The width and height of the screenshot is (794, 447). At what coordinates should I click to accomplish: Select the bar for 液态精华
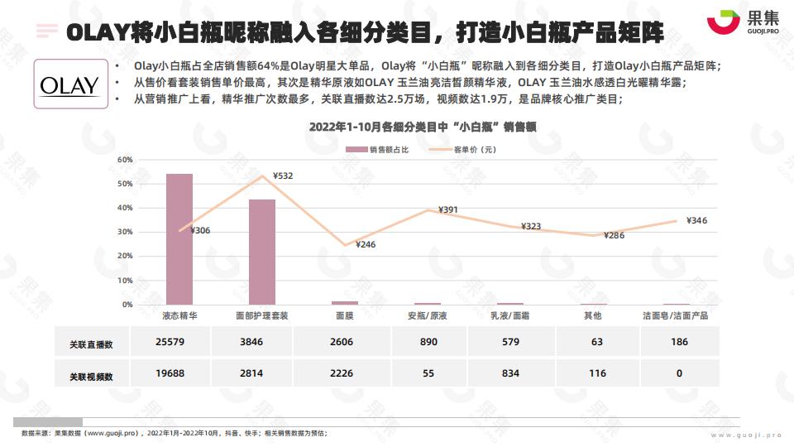[x=179, y=239]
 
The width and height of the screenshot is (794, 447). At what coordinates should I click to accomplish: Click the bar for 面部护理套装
[x=262, y=252]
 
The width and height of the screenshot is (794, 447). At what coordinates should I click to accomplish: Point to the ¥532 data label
[x=282, y=175]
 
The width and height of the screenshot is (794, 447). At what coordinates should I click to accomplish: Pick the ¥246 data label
[x=365, y=244]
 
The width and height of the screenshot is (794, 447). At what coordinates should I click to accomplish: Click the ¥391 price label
[x=448, y=210]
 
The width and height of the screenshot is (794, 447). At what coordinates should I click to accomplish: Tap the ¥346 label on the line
[x=696, y=220]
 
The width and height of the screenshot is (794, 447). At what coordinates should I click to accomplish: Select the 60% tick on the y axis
[x=125, y=159]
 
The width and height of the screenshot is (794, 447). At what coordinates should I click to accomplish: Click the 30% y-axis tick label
[x=125, y=232]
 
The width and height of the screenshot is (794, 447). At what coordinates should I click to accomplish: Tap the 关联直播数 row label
[x=91, y=343]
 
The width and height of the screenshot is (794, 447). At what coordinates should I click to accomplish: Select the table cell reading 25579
[x=170, y=342]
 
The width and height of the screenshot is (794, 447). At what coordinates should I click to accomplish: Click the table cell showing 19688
[x=170, y=373]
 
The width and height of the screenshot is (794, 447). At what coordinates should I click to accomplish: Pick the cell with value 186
[x=680, y=342]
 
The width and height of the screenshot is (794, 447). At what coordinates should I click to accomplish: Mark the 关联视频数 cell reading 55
[x=428, y=373]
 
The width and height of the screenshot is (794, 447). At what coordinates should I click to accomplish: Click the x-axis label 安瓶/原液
[x=428, y=315]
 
